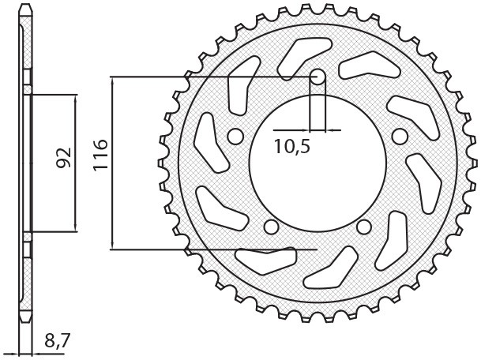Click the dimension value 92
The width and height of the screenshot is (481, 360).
pos(64,159)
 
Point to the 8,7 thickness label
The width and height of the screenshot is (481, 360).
pos(57,342)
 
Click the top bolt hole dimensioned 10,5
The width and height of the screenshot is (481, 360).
pos(318,77)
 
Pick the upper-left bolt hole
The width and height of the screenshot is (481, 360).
pos(236,135)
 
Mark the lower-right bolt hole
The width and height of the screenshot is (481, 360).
pos(364,227)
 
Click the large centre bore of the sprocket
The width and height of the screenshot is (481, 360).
pos(317,162)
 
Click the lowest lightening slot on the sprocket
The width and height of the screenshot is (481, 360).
pos(327,273)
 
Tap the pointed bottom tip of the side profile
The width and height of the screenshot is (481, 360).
pos(26,324)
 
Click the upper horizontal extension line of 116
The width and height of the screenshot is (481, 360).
pos(205,77)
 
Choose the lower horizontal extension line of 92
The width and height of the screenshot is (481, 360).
pos(55,232)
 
